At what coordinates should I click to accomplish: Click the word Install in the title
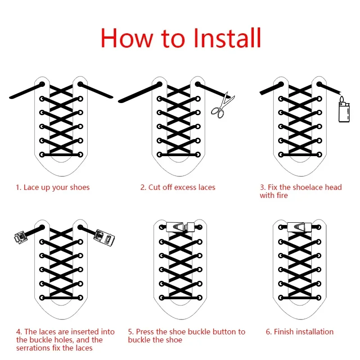point(227,38)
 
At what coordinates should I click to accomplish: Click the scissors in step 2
point(222,106)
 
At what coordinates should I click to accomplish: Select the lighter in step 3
point(344,110)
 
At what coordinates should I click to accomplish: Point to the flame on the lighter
point(342,99)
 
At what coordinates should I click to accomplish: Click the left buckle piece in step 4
point(21,237)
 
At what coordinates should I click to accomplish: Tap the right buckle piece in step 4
point(104,238)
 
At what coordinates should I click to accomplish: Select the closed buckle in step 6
point(299,227)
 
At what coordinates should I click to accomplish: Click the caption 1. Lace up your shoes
point(53,188)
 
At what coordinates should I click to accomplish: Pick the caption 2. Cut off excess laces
point(178,187)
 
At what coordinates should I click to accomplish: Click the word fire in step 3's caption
point(282,195)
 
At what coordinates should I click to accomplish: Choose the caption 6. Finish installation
point(299,332)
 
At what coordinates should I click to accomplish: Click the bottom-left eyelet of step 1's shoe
point(42,154)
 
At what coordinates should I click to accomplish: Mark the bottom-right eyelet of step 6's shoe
point(319,298)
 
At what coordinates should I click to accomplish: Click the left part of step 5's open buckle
point(175,227)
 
